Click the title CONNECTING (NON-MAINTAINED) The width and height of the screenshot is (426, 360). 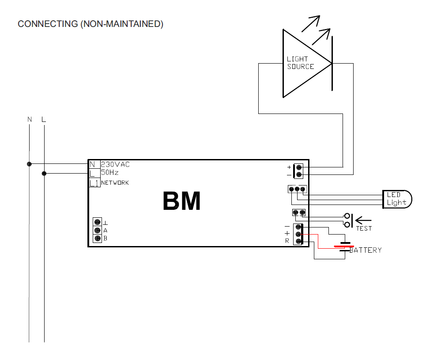click(90, 24)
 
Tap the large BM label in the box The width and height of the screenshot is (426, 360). click(181, 201)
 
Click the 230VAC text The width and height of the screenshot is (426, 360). click(116, 164)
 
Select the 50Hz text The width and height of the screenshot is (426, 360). click(110, 173)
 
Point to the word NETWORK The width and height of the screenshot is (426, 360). click(115, 183)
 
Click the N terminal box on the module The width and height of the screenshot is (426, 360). click(93, 164)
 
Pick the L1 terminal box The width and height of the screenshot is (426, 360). click(94, 183)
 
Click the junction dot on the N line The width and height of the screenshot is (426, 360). click(29, 164)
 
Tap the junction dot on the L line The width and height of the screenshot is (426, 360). click(44, 174)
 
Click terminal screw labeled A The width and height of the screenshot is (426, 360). click(97, 230)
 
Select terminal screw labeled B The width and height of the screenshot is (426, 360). click(97, 239)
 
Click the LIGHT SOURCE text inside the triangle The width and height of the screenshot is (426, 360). click(300, 63)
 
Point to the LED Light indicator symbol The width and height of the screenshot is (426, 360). click(397, 199)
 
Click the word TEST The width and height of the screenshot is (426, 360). click(364, 228)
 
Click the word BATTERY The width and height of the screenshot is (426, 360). click(366, 250)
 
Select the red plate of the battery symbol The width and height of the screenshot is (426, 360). click(343, 246)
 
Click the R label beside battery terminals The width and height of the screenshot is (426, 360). click(287, 241)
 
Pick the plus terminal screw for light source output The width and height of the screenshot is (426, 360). click(299, 167)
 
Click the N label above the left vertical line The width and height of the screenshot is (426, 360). click(30, 120)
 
